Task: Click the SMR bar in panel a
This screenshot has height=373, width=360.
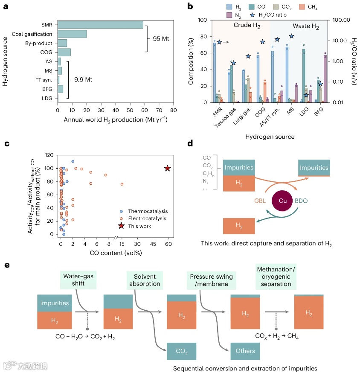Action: coord(100,25)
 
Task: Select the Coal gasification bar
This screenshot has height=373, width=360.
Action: coord(72,34)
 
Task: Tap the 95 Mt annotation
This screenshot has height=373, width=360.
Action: coord(161,39)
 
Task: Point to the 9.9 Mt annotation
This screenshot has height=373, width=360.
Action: coord(84,79)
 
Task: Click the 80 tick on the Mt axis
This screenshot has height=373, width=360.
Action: coord(173,110)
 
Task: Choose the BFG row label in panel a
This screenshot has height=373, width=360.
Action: coord(46,89)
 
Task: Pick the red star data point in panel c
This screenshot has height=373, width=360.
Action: coord(168,169)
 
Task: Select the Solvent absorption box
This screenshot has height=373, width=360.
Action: coord(144,280)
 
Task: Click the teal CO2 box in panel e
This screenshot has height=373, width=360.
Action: coord(182,351)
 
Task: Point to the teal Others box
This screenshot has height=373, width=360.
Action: coord(245,351)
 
